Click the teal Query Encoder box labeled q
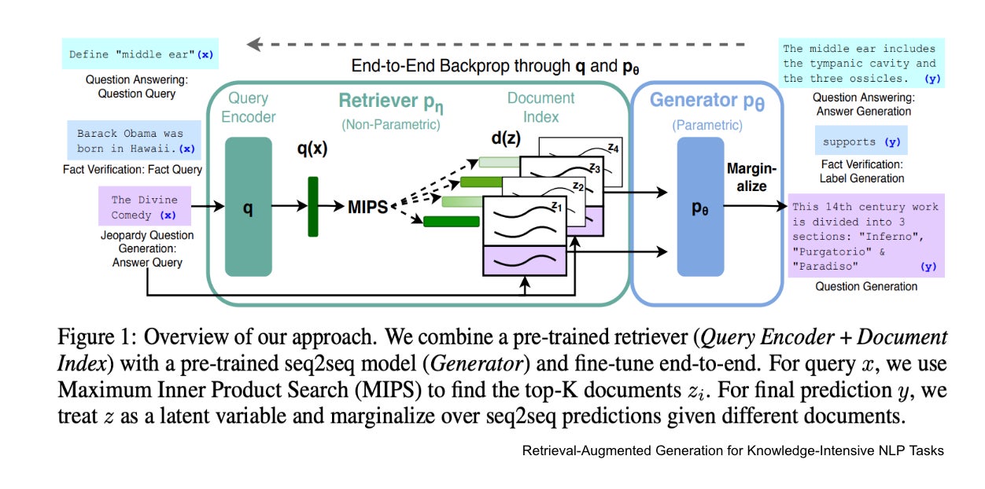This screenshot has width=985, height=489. (x=248, y=207)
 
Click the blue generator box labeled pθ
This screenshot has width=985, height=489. (x=700, y=207)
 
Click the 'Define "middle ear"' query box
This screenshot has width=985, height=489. (x=139, y=55)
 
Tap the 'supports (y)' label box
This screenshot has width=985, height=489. (x=859, y=142)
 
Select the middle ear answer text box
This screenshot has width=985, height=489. (x=860, y=63)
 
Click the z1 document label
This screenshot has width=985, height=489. (x=555, y=207)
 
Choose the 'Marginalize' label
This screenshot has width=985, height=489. (x=751, y=178)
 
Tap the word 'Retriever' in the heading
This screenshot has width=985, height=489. (x=378, y=101)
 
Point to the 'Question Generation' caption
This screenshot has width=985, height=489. (x=865, y=286)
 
